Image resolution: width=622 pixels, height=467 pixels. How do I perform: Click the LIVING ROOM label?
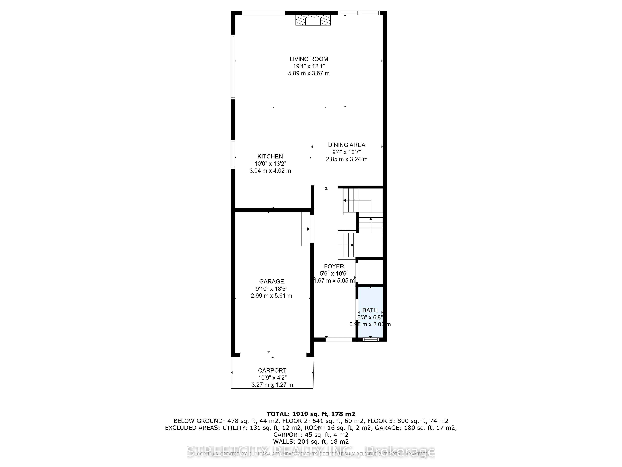pyautogui.click(x=309, y=59)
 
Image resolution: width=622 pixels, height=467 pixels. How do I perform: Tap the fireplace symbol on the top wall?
pyautogui.click(x=313, y=20)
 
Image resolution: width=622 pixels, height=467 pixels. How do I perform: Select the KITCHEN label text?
pyautogui.click(x=270, y=156)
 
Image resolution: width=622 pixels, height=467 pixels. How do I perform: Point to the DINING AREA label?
pyautogui.click(x=346, y=145)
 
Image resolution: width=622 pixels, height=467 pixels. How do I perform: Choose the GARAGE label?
pyautogui.click(x=271, y=281)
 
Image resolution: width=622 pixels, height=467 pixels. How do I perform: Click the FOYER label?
pyautogui.click(x=334, y=267)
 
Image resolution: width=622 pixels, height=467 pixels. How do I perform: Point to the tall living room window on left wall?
pyautogui.click(x=233, y=67)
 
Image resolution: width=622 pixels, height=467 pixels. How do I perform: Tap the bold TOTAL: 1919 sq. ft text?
pyautogui.click(x=311, y=414)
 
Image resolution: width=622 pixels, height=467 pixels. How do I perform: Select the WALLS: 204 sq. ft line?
pyautogui.click(x=311, y=442)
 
